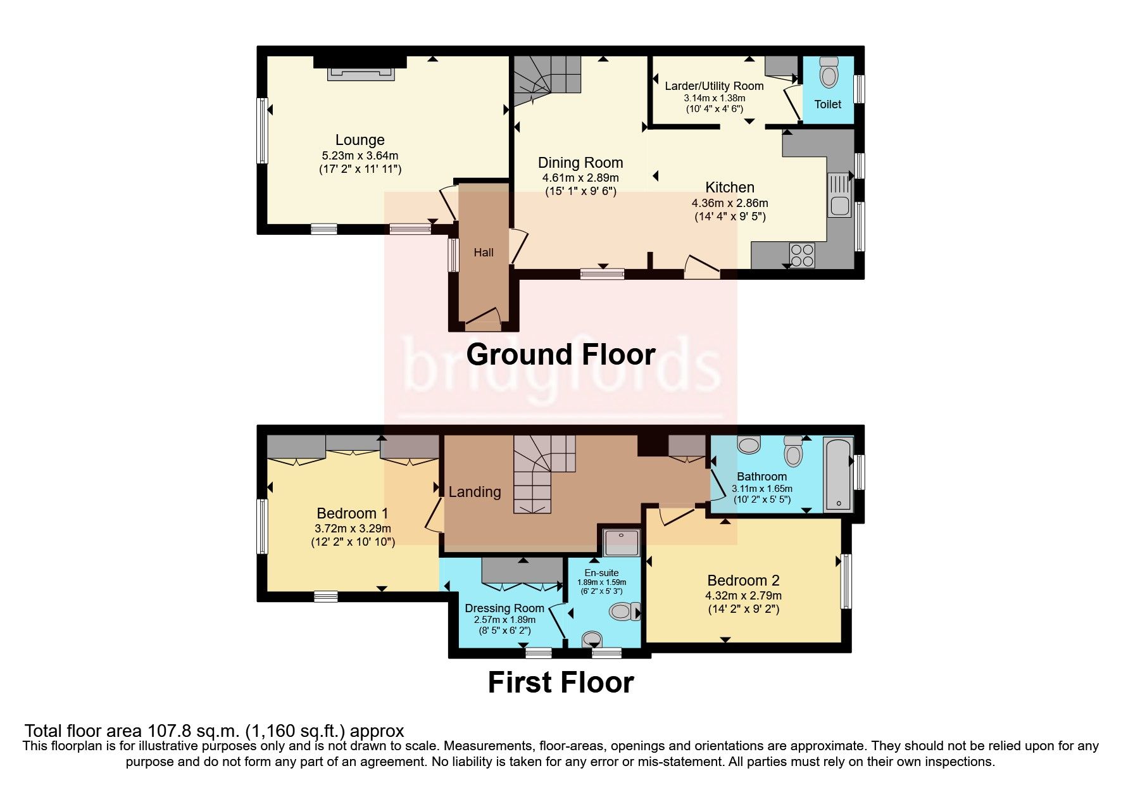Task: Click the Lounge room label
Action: click(360, 140)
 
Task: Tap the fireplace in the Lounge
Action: click(360, 73)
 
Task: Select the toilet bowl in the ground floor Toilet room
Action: click(828, 74)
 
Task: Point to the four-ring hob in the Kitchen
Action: click(802, 255)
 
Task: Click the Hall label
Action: click(484, 253)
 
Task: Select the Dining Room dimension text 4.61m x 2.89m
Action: click(580, 178)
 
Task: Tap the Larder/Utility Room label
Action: click(714, 86)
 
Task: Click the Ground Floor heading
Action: click(560, 355)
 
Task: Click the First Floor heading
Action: click(560, 682)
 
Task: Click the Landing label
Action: click(475, 492)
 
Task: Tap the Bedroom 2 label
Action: click(743, 581)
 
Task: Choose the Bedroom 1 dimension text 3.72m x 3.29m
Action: click(353, 529)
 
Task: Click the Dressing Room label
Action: click(504, 608)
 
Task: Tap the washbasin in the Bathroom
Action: click(749, 445)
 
